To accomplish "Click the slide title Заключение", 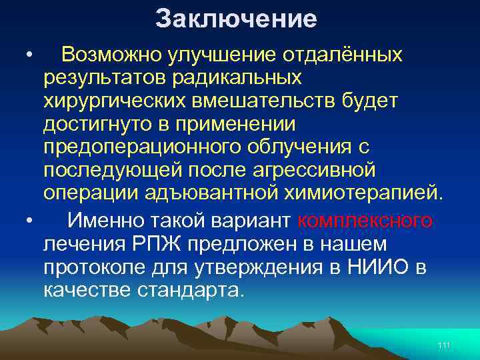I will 236,19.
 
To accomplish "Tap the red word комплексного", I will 365,219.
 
